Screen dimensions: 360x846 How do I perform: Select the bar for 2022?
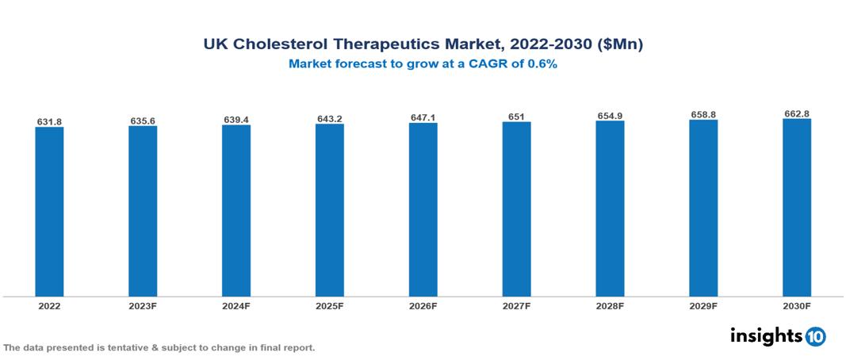(49, 211)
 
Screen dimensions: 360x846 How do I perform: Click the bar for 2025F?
(329, 209)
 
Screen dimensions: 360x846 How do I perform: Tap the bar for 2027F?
(516, 209)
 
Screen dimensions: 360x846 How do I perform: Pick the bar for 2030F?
(797, 207)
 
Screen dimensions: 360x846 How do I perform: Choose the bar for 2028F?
(610, 208)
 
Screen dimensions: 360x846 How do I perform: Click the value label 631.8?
(49, 121)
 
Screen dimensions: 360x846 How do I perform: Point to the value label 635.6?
(143, 121)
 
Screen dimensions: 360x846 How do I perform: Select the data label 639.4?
(236, 120)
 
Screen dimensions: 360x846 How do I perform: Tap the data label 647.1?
(423, 117)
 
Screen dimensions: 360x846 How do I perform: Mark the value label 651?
(516, 117)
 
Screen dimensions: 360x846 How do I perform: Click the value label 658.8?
(703, 115)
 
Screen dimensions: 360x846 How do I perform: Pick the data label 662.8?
(797, 114)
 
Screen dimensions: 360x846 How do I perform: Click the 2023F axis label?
(143, 305)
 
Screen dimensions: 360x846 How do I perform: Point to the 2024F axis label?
(236, 305)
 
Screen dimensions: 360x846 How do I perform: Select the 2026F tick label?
(423, 305)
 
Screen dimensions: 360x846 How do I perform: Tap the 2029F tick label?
(703, 305)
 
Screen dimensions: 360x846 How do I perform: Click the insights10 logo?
(778, 336)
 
